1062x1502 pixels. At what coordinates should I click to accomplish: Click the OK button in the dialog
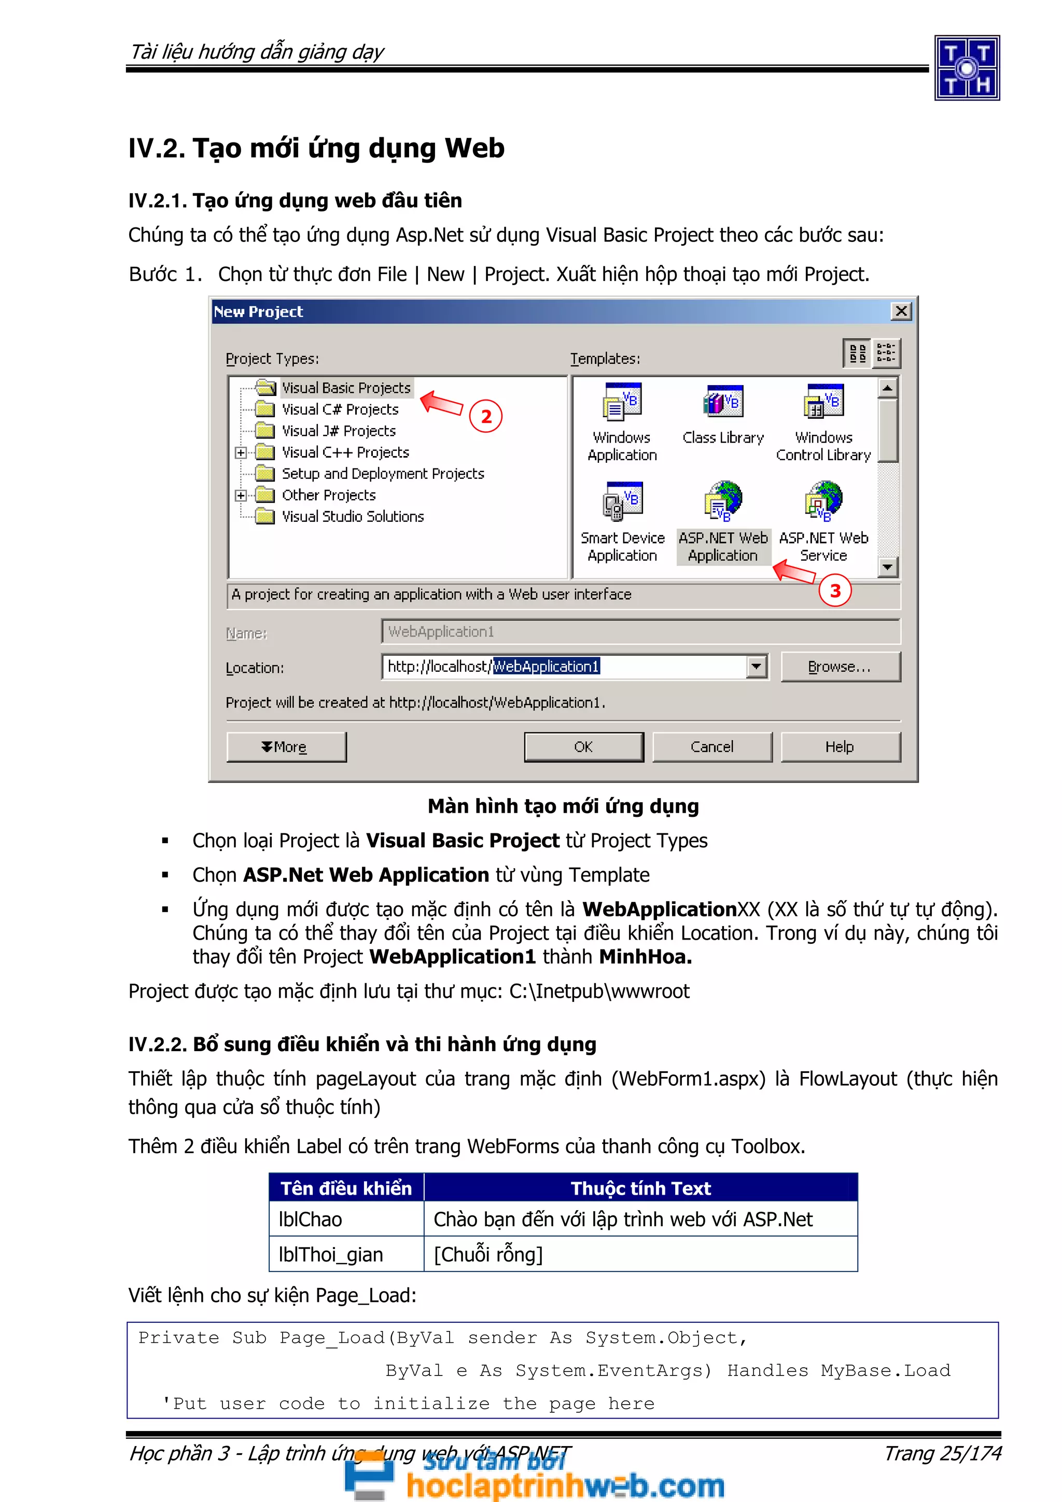click(583, 746)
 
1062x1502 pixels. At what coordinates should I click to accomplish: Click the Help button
click(840, 746)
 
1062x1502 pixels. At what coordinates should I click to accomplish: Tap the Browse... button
click(840, 667)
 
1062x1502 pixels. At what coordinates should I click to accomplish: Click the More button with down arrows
click(286, 746)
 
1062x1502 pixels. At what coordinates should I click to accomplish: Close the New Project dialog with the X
click(901, 311)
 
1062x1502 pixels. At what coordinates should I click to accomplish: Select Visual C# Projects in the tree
click(340, 409)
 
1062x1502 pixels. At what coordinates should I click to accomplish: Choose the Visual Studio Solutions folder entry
click(352, 517)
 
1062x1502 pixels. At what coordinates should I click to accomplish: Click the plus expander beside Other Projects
click(241, 495)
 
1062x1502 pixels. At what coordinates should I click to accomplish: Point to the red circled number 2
click(485, 417)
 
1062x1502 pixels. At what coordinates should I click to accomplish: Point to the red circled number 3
click(834, 591)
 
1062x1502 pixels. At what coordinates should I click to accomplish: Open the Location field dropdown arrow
click(757, 667)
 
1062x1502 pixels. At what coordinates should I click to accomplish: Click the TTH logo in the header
click(967, 68)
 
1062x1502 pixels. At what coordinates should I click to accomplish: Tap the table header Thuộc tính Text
click(640, 1188)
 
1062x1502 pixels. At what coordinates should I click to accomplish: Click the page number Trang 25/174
click(942, 1453)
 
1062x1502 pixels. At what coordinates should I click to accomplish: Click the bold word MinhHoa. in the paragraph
click(645, 956)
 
